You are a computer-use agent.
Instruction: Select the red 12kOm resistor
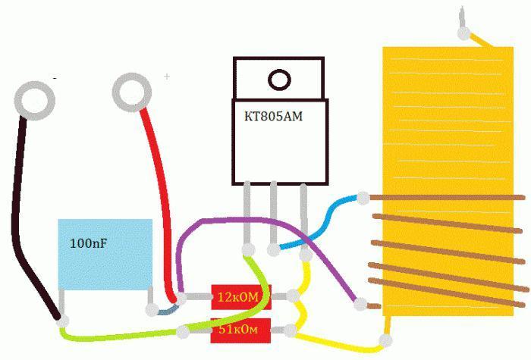click(x=240, y=296)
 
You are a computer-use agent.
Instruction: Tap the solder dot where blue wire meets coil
click(x=363, y=198)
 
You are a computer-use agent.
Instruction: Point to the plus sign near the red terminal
click(x=167, y=77)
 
